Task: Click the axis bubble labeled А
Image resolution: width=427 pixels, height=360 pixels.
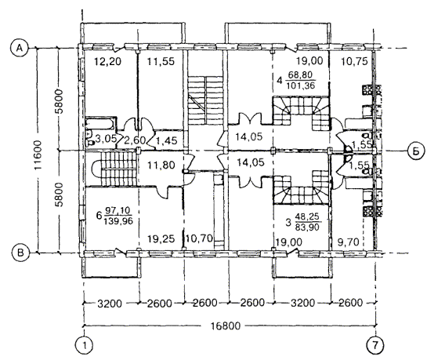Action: tap(19, 48)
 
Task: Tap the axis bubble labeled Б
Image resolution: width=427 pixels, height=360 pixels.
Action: tap(416, 151)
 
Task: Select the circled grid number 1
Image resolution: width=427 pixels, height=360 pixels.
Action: tap(84, 345)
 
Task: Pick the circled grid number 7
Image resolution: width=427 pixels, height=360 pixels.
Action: tap(375, 345)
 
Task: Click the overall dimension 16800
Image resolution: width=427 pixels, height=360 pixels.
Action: tap(226, 325)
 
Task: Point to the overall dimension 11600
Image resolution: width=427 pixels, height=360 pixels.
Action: tap(38, 155)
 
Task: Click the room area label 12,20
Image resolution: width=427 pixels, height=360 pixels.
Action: tap(107, 62)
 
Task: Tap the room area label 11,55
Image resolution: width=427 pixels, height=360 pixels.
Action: tap(161, 62)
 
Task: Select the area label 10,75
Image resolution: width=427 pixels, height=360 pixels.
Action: tap(354, 62)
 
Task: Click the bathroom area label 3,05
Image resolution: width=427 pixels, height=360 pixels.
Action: tap(106, 139)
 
